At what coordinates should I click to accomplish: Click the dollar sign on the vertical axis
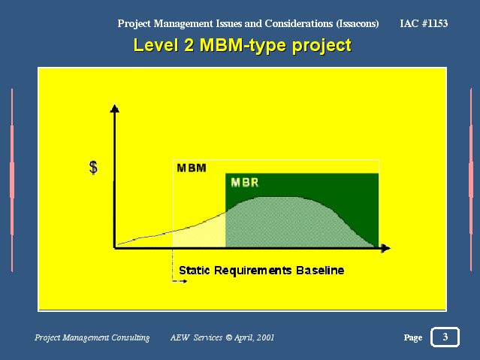point(93,168)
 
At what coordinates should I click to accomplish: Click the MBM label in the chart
point(192,168)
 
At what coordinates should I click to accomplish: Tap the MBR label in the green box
point(245,183)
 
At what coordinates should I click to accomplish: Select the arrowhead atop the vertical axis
point(114,108)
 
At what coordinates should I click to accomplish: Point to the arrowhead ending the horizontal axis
point(386,248)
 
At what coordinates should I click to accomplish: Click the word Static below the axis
point(195,271)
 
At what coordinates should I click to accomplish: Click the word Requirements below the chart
point(253,271)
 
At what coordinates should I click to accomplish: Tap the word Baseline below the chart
point(320,271)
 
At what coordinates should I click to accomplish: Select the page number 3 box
point(445,337)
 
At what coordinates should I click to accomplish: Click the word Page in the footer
point(413,337)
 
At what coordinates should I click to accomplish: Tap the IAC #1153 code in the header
point(424,23)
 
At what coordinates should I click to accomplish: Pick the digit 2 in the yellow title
point(189,45)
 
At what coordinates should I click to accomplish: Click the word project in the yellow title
point(322,47)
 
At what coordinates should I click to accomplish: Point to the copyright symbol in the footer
point(229,337)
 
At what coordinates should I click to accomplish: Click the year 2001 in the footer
point(265,337)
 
